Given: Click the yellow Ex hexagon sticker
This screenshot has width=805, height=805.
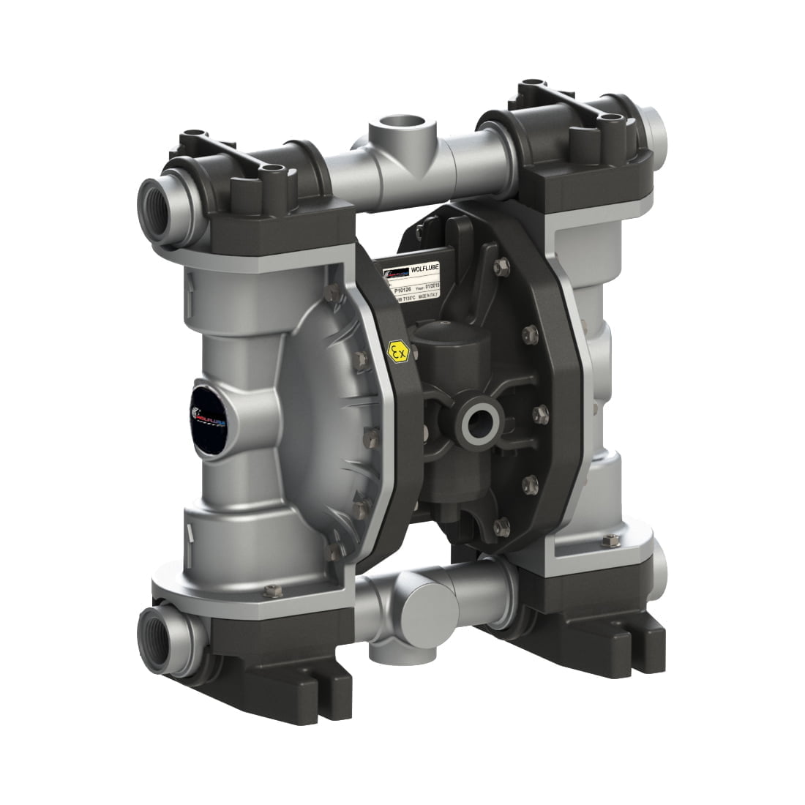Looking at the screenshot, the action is [398, 351].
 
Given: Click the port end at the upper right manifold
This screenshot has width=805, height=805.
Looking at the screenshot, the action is [656, 128].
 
